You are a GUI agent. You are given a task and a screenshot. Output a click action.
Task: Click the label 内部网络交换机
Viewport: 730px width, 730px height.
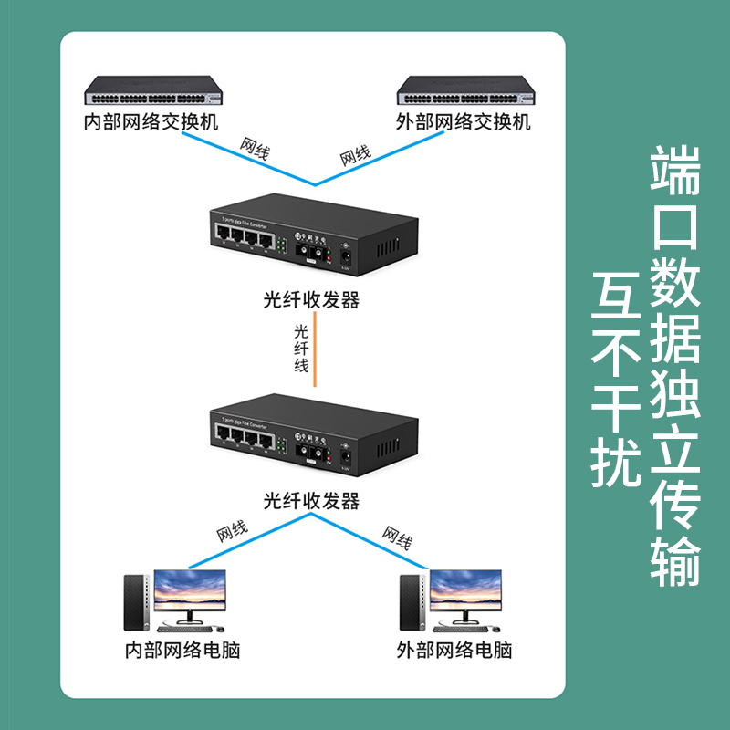coord(151,121)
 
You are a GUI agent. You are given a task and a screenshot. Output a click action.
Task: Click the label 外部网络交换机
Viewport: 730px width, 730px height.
coord(464,121)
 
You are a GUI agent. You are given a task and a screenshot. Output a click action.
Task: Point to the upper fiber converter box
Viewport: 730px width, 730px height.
coord(308,235)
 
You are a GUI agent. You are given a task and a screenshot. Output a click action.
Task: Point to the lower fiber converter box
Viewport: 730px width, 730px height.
coord(308,434)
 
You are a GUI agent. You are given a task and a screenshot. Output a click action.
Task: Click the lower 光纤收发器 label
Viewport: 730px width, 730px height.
coord(310,500)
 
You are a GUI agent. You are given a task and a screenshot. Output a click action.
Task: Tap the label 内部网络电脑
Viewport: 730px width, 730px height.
coord(182,651)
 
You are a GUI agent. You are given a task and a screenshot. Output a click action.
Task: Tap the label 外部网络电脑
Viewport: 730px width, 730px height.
coord(454,651)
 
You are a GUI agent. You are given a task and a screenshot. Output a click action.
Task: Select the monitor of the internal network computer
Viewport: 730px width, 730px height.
coord(189,593)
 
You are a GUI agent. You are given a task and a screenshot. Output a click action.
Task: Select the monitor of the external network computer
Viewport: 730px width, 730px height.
coord(465,593)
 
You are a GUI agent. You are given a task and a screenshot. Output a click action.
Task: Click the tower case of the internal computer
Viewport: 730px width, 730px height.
coord(134,602)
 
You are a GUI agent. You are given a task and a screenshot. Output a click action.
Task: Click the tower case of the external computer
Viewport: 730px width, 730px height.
coord(412,602)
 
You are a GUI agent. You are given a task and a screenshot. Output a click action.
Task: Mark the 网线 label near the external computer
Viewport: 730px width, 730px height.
coord(397,537)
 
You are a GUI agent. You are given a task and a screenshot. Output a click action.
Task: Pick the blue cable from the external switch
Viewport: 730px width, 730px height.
coord(383,159)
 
